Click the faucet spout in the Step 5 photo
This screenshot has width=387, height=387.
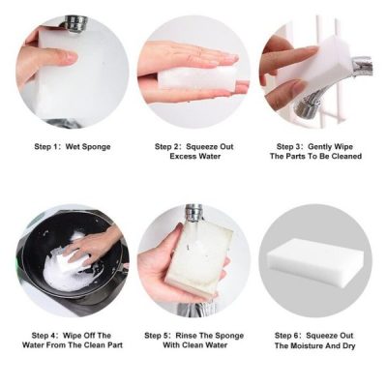193,215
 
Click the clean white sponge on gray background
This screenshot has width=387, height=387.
315,260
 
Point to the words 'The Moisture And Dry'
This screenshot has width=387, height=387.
315,345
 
